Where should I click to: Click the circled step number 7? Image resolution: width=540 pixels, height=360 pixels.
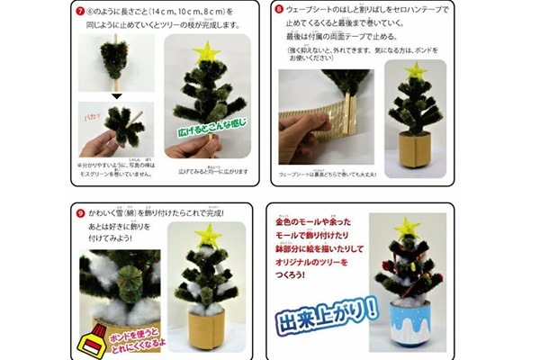pyautogui.click(x=80, y=13)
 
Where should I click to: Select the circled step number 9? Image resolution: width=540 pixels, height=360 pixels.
pyautogui.click(x=78, y=212)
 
